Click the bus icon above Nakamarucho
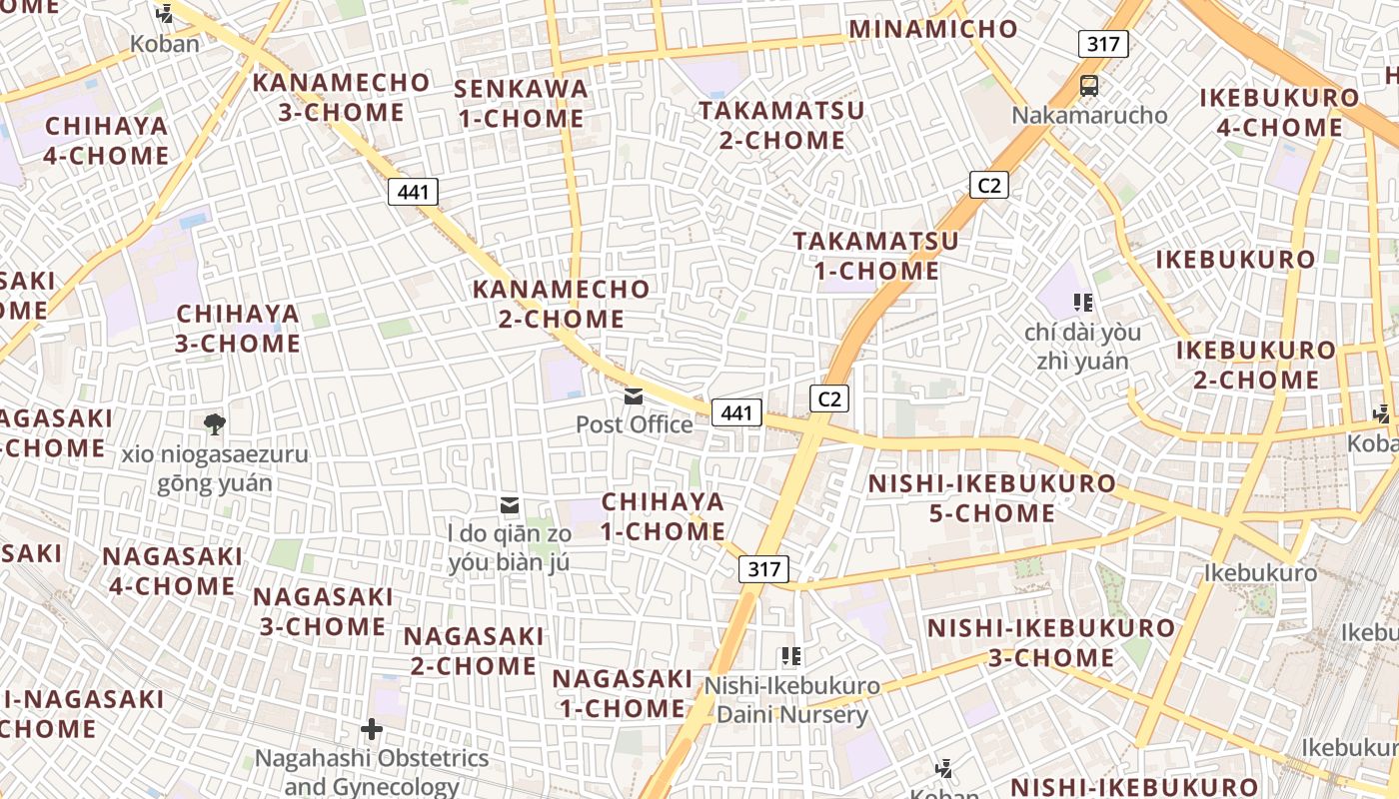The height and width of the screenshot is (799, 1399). coord(1089,86)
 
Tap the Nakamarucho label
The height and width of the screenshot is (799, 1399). coord(1089,115)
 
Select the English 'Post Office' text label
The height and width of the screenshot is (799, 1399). coord(634,424)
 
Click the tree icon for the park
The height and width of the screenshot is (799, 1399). coord(214,424)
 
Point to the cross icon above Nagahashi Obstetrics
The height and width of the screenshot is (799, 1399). coord(372,729)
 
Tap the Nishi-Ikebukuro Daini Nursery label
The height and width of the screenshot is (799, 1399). coord(792,700)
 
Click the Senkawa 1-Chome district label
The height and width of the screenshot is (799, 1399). coord(521,104)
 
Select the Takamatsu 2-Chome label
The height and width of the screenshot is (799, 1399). coord(781,125)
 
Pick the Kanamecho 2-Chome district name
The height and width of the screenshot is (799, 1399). coord(562,304)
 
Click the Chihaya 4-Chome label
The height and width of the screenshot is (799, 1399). coord(106,141)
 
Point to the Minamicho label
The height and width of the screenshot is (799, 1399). coord(933,29)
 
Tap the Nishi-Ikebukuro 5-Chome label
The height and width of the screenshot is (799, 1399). coord(991,498)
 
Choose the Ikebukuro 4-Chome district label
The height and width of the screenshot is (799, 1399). coord(1279,113)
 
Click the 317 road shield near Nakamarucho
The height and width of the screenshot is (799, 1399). coord(1103,44)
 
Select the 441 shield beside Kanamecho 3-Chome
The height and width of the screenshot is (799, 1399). coord(413,192)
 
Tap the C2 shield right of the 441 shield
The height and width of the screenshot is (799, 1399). coord(829,399)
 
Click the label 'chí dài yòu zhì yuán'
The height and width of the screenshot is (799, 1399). coord(1082,346)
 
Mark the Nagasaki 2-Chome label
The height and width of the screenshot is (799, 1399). coord(474,651)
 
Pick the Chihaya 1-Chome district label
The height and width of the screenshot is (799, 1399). coord(663,516)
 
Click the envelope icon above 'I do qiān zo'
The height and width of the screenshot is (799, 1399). coord(510,506)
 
